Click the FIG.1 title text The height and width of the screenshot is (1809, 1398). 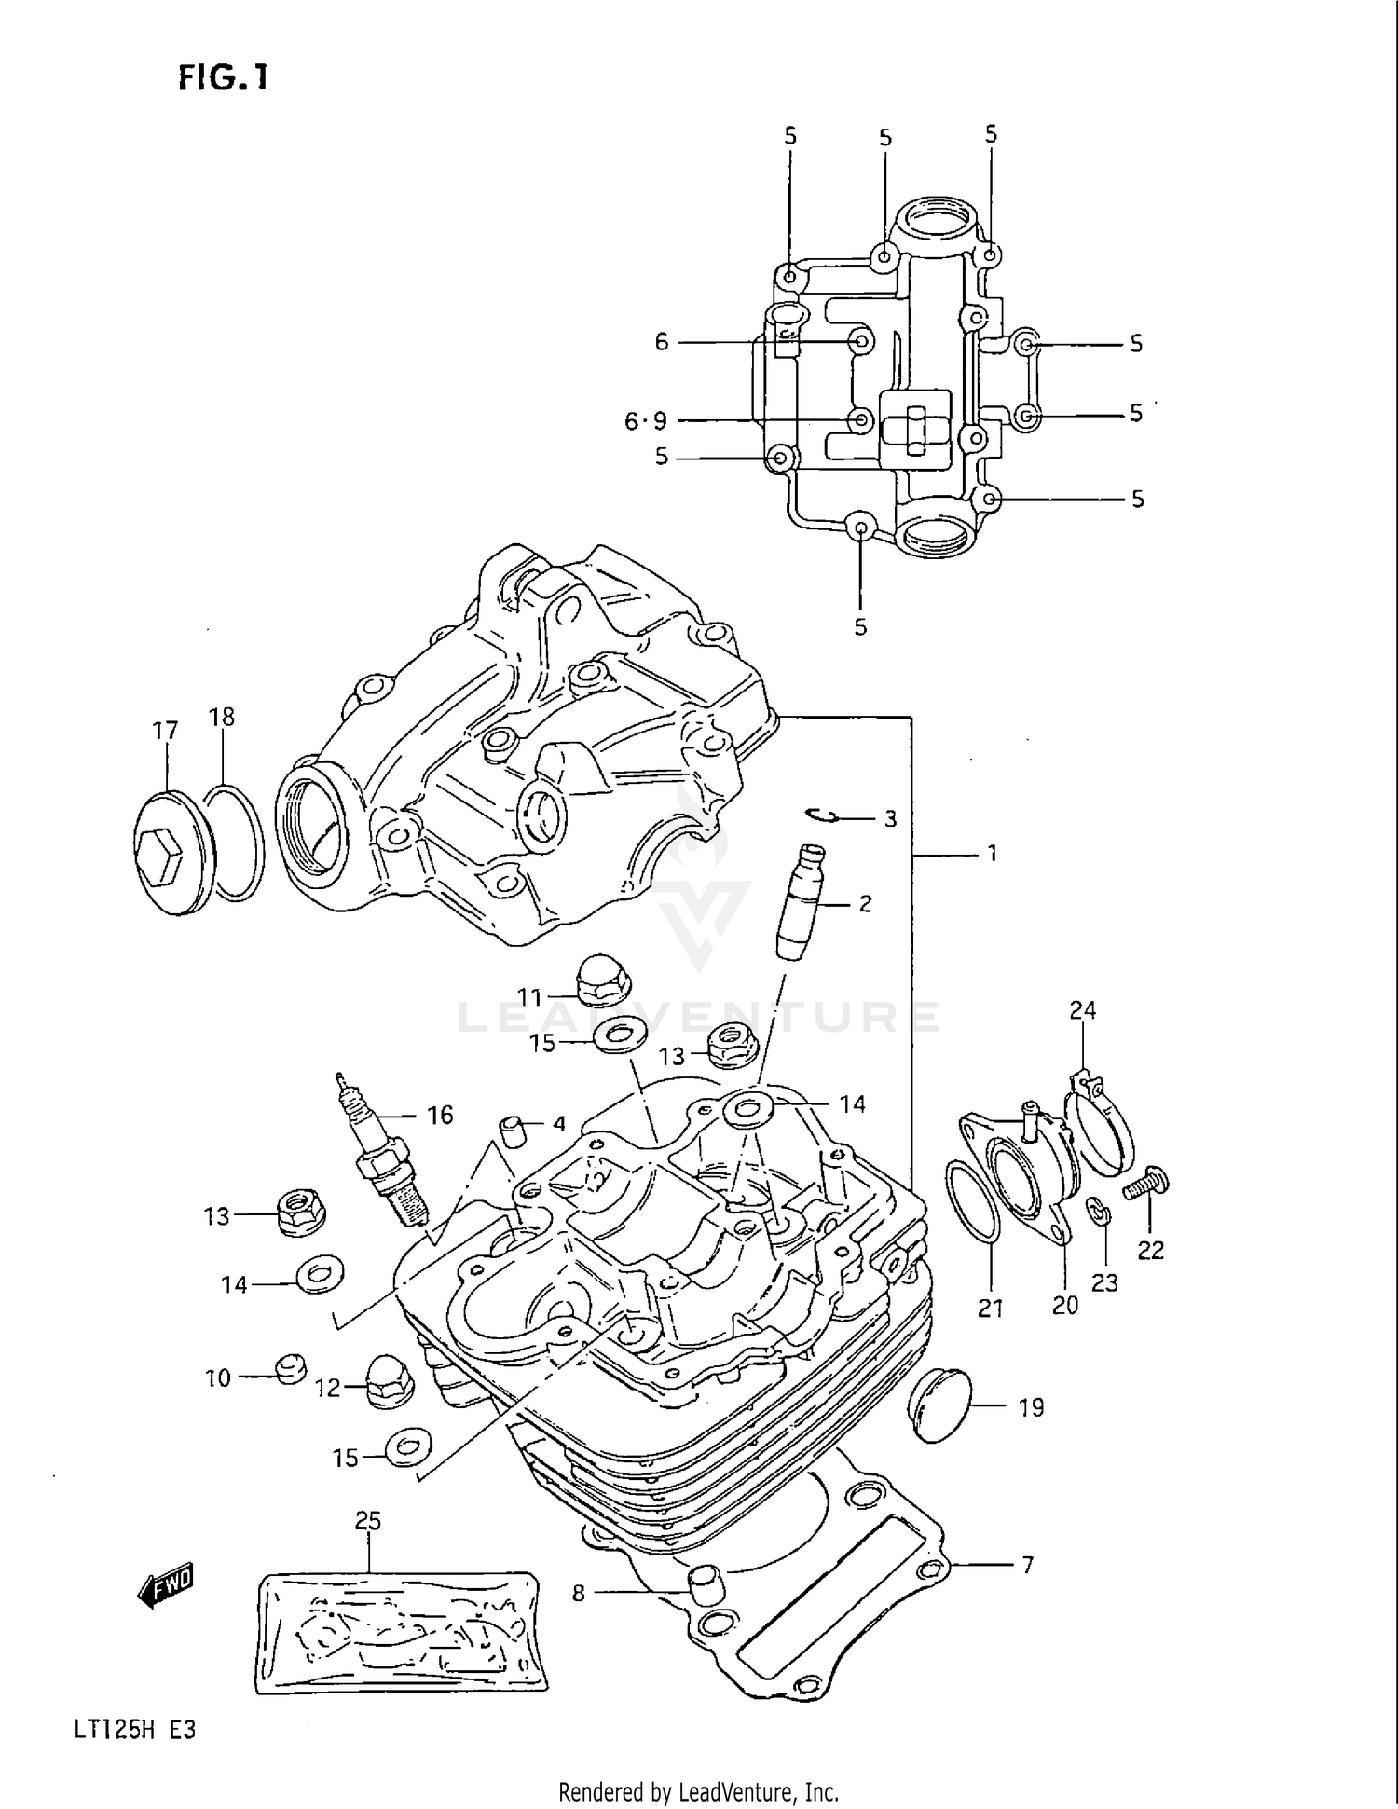pos(223,77)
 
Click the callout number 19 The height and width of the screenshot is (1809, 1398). pos(1031,1407)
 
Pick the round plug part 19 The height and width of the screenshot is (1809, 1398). pos(939,1405)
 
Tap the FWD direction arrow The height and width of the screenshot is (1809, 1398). pos(166,1584)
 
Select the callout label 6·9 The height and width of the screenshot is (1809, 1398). pos(646,422)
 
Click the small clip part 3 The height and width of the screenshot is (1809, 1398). pos(820,816)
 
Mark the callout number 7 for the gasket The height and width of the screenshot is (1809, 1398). pos(1027,1565)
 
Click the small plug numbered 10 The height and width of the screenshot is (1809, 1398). pos(291,1368)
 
